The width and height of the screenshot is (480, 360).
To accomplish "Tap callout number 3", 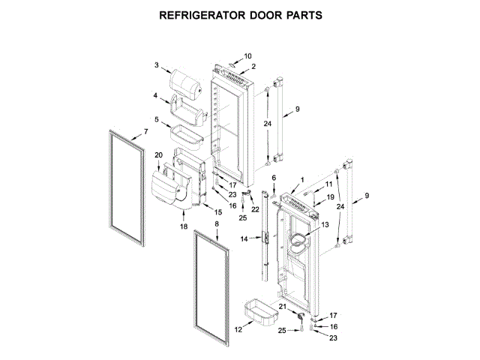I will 157,66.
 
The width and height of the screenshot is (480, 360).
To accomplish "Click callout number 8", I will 217,223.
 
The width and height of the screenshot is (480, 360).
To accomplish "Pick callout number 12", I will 238,329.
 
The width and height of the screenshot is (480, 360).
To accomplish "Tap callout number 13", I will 325,225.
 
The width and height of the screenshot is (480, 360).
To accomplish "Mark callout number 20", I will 158,155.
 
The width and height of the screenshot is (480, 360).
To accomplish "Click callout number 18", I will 184,226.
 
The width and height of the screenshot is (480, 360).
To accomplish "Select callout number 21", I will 283,307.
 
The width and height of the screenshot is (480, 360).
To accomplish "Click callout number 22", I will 256,208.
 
